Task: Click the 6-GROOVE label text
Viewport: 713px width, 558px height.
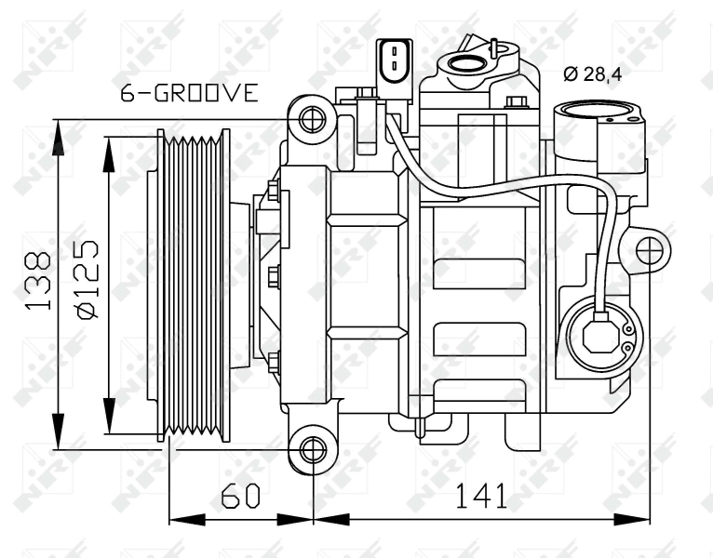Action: point(189,93)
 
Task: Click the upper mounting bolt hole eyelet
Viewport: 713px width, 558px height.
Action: point(311,119)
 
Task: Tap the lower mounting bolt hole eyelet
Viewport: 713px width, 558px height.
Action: point(311,450)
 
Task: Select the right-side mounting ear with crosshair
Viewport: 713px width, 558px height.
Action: point(651,248)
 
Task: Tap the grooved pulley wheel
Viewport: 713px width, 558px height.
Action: point(194,285)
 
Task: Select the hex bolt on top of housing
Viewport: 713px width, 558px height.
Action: point(517,100)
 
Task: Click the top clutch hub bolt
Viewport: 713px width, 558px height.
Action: point(274,192)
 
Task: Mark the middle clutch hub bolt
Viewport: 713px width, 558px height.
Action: point(274,275)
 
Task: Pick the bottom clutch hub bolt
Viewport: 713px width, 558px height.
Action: point(274,361)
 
